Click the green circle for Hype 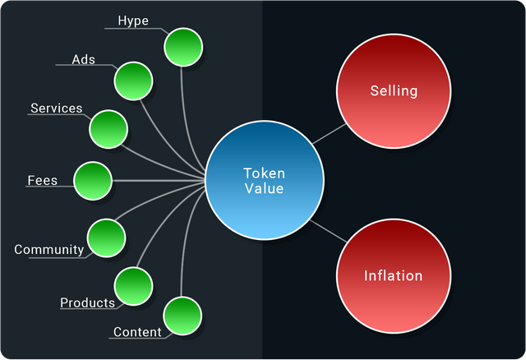(x=183, y=48)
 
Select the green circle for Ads (x=133, y=81)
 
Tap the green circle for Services (x=108, y=129)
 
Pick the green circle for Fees (x=92, y=180)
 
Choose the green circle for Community (x=106, y=237)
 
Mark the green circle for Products (x=133, y=285)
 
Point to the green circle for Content (x=182, y=316)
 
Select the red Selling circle (x=393, y=91)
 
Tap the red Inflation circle (x=393, y=275)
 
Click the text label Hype (x=133, y=21)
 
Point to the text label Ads (x=84, y=60)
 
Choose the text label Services (x=57, y=108)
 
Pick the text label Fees (x=43, y=180)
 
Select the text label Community (x=49, y=250)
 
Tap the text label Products (x=87, y=303)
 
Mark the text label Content (x=137, y=333)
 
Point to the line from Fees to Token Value (x=156, y=180)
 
